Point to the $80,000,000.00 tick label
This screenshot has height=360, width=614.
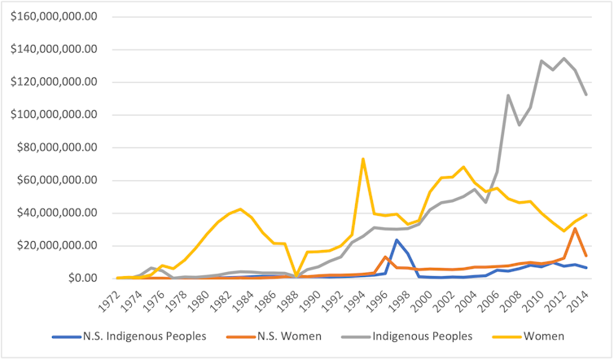coord(55,147)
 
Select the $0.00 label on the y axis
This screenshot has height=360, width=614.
coord(78,279)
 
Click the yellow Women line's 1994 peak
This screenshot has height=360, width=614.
coord(363,159)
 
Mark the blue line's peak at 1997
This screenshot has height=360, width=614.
coord(397,239)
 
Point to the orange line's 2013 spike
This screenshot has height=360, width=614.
coord(575,229)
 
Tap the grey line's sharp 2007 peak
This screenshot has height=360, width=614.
coord(507,95)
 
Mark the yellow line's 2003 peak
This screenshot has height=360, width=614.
coord(463,167)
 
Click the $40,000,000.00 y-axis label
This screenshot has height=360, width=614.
coord(55,213)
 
